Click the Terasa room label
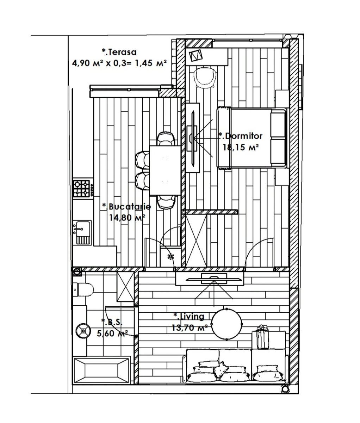[x=119, y=52]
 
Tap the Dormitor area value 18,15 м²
[x=241, y=147]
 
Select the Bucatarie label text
[x=126, y=207]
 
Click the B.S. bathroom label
[x=112, y=323]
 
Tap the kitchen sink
[x=82, y=233]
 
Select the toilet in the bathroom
[x=83, y=289]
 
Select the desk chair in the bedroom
[x=205, y=78]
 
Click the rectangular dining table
[x=165, y=170]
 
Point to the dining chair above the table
[x=166, y=139]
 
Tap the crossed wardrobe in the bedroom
[x=196, y=240]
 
